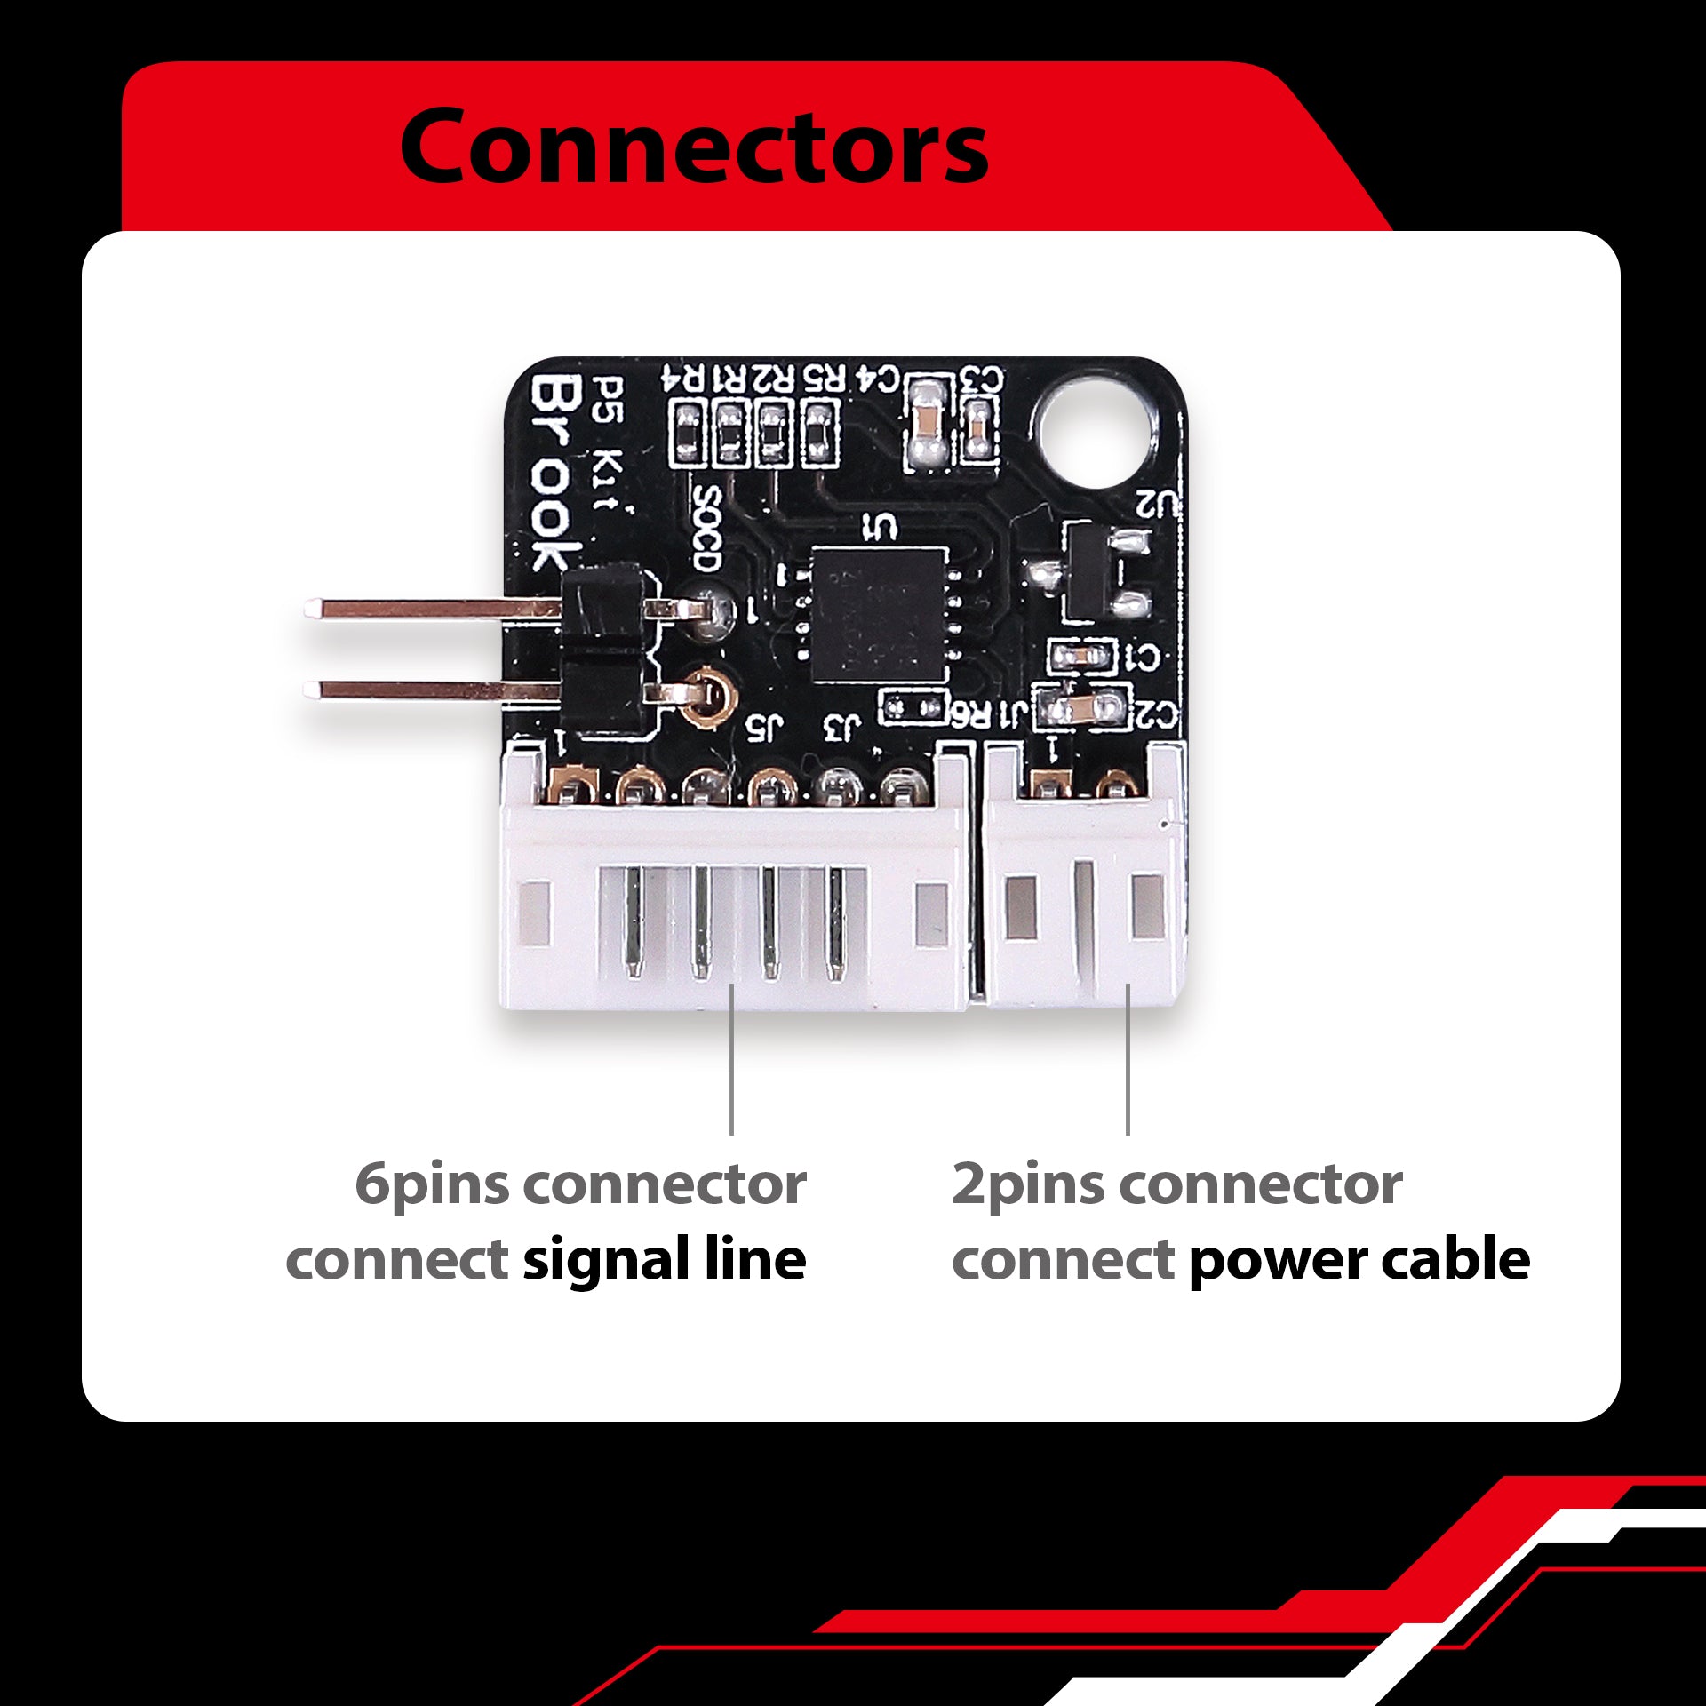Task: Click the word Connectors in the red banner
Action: coord(693,147)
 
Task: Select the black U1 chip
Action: coord(878,614)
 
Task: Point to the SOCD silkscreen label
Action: coord(706,528)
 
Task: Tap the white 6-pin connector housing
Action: coord(733,915)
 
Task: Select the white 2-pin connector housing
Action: coord(1084,915)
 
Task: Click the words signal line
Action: coord(664,1260)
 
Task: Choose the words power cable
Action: coord(1359,1260)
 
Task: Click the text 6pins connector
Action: coord(580,1184)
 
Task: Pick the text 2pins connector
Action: coord(1176,1184)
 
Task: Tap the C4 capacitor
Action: coord(927,426)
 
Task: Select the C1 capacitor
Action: coord(1080,657)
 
